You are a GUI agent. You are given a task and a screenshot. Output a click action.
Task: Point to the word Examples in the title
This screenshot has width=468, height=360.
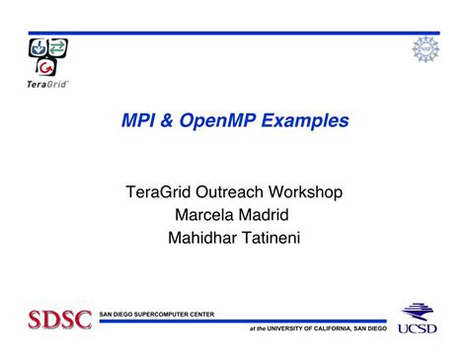click(x=310, y=121)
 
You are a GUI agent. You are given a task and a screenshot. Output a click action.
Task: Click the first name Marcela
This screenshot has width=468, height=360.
click(x=203, y=214)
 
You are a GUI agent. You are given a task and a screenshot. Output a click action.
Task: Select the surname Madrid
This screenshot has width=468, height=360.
click(x=265, y=214)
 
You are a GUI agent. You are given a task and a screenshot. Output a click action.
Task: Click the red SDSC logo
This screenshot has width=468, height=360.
click(x=59, y=321)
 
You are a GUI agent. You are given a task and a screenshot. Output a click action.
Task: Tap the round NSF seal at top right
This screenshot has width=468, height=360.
click(x=425, y=49)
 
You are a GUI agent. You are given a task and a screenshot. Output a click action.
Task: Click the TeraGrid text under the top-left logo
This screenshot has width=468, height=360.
click(x=45, y=84)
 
